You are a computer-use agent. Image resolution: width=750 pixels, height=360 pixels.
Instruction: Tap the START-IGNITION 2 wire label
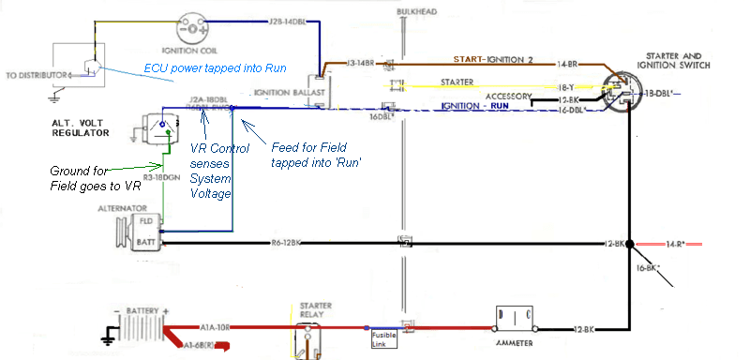493,59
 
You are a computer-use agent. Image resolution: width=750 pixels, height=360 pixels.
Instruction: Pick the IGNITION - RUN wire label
476,108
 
